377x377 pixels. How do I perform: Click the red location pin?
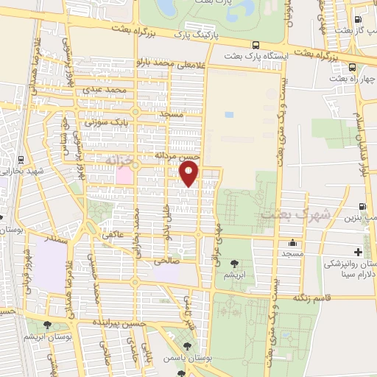(x=190, y=173)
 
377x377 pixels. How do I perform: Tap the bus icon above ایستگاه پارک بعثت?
(x=255, y=44)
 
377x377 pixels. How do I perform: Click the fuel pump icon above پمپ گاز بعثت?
(x=358, y=20)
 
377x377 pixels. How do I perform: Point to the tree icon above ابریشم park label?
(x=234, y=263)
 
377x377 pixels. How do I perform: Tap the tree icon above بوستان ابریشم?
(x=48, y=325)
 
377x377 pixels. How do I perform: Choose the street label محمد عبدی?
(x=106, y=90)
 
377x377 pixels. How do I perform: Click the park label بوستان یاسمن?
(x=209, y=358)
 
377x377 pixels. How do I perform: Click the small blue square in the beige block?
(x=229, y=115)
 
